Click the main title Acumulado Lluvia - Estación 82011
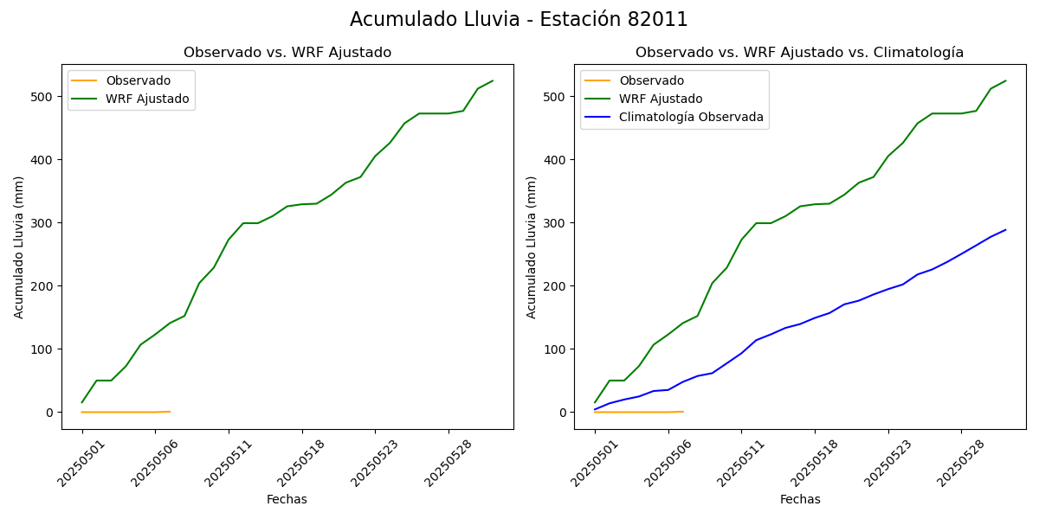click(519, 20)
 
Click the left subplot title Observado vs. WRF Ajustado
click(287, 53)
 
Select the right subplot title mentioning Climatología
click(799, 53)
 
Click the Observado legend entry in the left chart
click(138, 80)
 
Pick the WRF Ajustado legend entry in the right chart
click(661, 99)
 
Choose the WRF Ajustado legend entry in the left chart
click(147, 99)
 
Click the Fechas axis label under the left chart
click(287, 499)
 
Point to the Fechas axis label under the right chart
click(800, 499)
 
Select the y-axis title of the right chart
click(532, 247)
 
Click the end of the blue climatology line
click(1005, 230)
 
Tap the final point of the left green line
click(493, 81)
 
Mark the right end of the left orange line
click(170, 412)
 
